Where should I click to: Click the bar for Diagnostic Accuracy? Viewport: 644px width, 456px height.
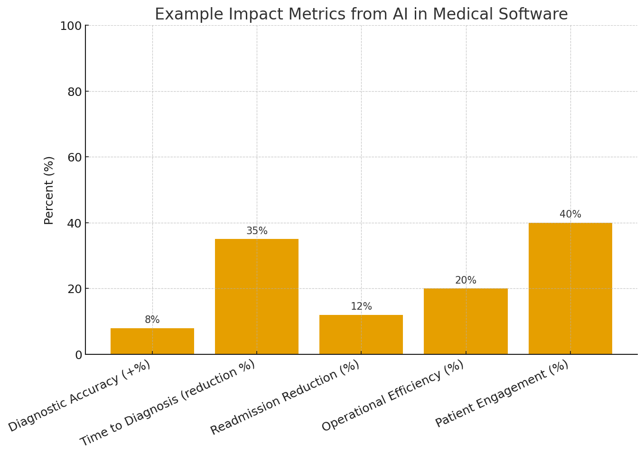click(152, 341)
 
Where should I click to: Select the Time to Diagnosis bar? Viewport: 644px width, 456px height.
click(257, 296)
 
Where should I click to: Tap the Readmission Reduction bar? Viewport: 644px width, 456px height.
click(361, 334)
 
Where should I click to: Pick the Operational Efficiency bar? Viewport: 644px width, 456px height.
click(466, 321)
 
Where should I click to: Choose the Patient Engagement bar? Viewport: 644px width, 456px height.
click(570, 288)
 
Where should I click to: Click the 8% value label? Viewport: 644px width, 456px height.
click(152, 320)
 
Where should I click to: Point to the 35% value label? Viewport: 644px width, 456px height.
click(257, 231)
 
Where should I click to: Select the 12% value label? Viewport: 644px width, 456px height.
click(361, 307)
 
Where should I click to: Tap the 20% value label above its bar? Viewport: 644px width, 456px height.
click(466, 281)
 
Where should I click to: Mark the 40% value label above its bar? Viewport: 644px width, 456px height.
click(570, 215)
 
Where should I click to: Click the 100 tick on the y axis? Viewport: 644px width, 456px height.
click(71, 26)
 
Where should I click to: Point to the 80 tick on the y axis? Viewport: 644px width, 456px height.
click(75, 92)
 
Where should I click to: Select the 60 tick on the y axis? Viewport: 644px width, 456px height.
click(75, 158)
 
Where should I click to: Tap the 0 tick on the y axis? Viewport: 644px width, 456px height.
click(78, 355)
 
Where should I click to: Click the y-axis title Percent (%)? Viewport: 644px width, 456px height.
click(49, 190)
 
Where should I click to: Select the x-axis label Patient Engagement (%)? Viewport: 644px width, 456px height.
click(502, 394)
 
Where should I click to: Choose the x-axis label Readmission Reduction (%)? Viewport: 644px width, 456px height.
click(285, 398)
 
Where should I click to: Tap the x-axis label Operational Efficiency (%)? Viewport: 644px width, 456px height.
click(392, 396)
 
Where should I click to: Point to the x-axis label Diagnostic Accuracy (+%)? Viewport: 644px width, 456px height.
click(79, 396)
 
